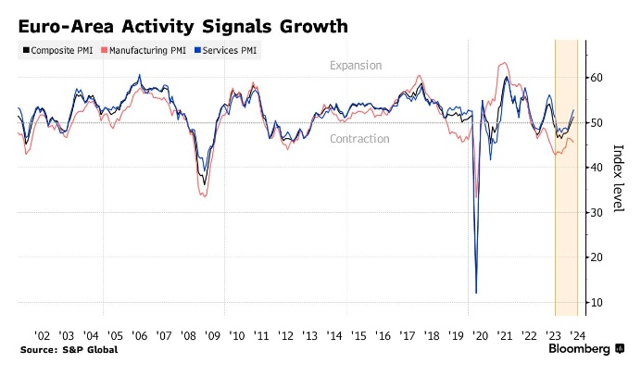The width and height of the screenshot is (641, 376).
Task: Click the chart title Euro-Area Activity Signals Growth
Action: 183,26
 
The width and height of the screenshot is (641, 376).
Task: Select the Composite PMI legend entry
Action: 57,51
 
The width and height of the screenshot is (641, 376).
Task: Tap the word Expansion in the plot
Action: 356,66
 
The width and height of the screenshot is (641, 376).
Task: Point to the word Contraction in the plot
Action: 359,139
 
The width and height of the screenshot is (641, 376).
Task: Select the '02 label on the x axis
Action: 43,334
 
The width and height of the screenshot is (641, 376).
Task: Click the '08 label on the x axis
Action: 187,334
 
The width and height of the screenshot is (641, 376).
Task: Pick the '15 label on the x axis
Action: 357,334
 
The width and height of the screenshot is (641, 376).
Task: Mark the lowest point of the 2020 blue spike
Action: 476,293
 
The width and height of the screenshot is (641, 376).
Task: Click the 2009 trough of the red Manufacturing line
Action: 204,194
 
